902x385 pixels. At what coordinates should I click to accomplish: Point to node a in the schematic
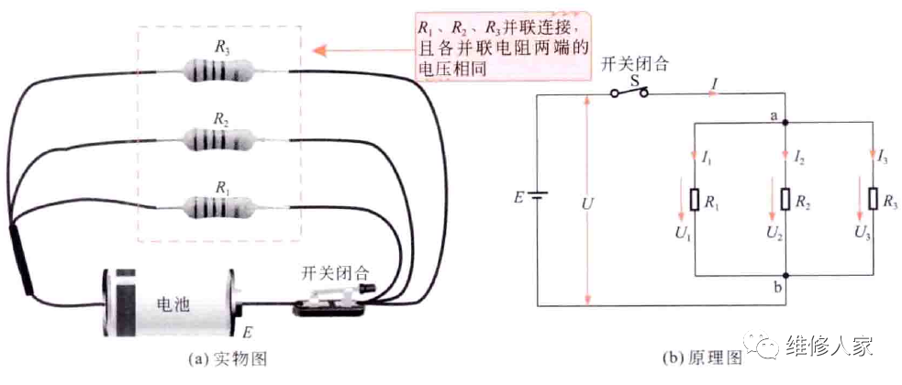click(x=786, y=122)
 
